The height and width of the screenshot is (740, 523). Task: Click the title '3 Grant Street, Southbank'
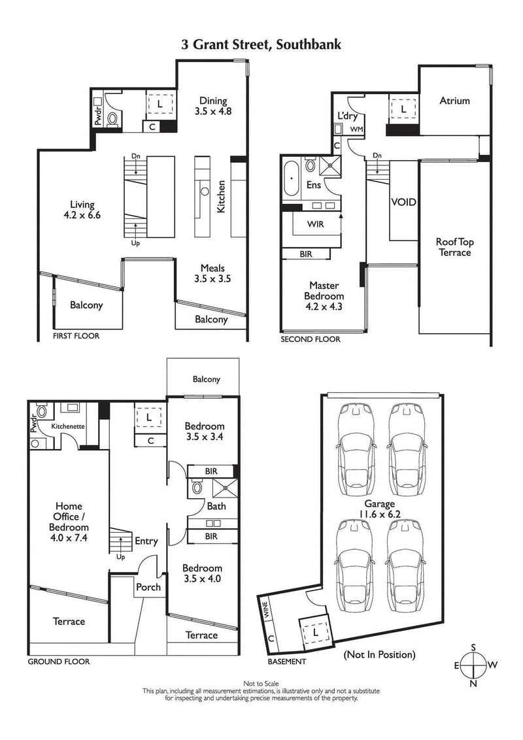pos(261,44)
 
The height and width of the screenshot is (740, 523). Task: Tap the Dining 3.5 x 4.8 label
pos(213,106)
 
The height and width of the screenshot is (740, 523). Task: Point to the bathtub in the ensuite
pos(291,177)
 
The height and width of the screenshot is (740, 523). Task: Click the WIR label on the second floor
pos(316,224)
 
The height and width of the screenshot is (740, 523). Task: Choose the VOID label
pos(403,202)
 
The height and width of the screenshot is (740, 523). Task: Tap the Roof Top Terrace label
pos(454,247)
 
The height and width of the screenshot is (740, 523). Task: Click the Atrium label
pos(454,101)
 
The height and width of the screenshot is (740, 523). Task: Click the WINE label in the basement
pos(266,609)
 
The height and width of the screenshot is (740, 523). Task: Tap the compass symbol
pos(474,665)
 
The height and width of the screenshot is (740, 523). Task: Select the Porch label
pos(148,586)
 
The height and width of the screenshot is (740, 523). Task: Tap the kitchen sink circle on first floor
pos(204,192)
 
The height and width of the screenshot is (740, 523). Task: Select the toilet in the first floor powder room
pos(112,120)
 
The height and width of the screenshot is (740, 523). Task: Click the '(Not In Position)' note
pos(379,654)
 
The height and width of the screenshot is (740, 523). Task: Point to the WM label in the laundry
pos(356,129)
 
